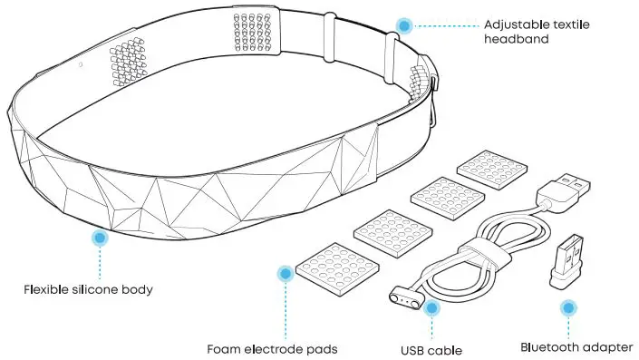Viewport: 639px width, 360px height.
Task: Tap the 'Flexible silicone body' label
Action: [88, 291]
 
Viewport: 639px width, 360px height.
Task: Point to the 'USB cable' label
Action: [431, 349]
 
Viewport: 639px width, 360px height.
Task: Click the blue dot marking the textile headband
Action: [404, 25]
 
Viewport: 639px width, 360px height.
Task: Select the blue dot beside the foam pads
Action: [285, 272]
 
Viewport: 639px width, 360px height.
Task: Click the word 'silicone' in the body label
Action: [98, 291]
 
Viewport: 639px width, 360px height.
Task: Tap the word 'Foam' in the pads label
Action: [222, 348]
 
